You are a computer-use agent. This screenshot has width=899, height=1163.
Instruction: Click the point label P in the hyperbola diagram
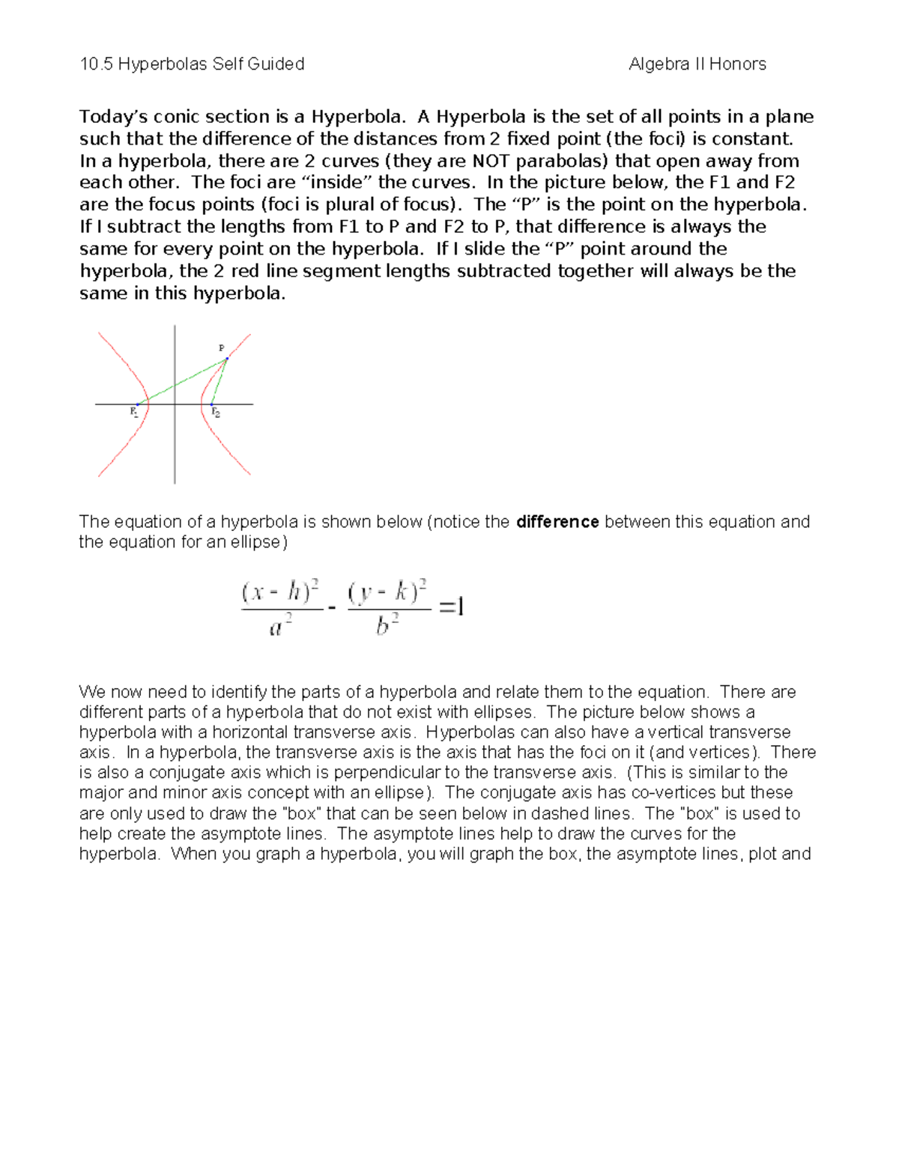[x=221, y=347]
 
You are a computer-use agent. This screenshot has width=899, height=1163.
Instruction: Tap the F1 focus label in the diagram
[x=133, y=411]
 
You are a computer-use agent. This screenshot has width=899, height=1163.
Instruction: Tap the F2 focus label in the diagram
[x=216, y=412]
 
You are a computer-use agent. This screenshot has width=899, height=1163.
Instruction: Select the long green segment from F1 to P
[x=182, y=382]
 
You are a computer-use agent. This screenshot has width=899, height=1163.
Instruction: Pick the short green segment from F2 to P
[x=220, y=381]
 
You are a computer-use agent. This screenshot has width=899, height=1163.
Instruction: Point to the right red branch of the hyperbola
[x=225, y=449]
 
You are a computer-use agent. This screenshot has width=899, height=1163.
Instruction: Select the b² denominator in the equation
[x=387, y=625]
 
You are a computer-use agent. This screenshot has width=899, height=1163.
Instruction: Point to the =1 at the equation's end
[x=452, y=607]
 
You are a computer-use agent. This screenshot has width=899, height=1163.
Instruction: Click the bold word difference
[x=557, y=522]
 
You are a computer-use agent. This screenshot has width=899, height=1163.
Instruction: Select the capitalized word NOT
[x=491, y=161]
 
